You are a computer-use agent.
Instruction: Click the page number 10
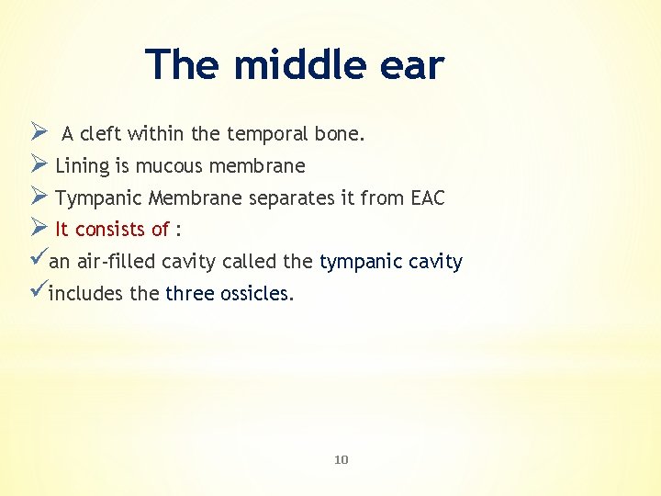pos(341,459)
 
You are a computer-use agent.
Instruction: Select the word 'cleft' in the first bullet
pos(100,134)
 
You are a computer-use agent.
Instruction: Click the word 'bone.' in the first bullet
pos(340,134)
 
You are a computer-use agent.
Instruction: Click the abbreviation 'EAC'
pos(425,197)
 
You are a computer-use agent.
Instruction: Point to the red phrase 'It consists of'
pos(112,230)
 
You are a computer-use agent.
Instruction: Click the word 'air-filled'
pos(118,262)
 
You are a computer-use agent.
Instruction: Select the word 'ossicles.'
pos(258,294)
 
